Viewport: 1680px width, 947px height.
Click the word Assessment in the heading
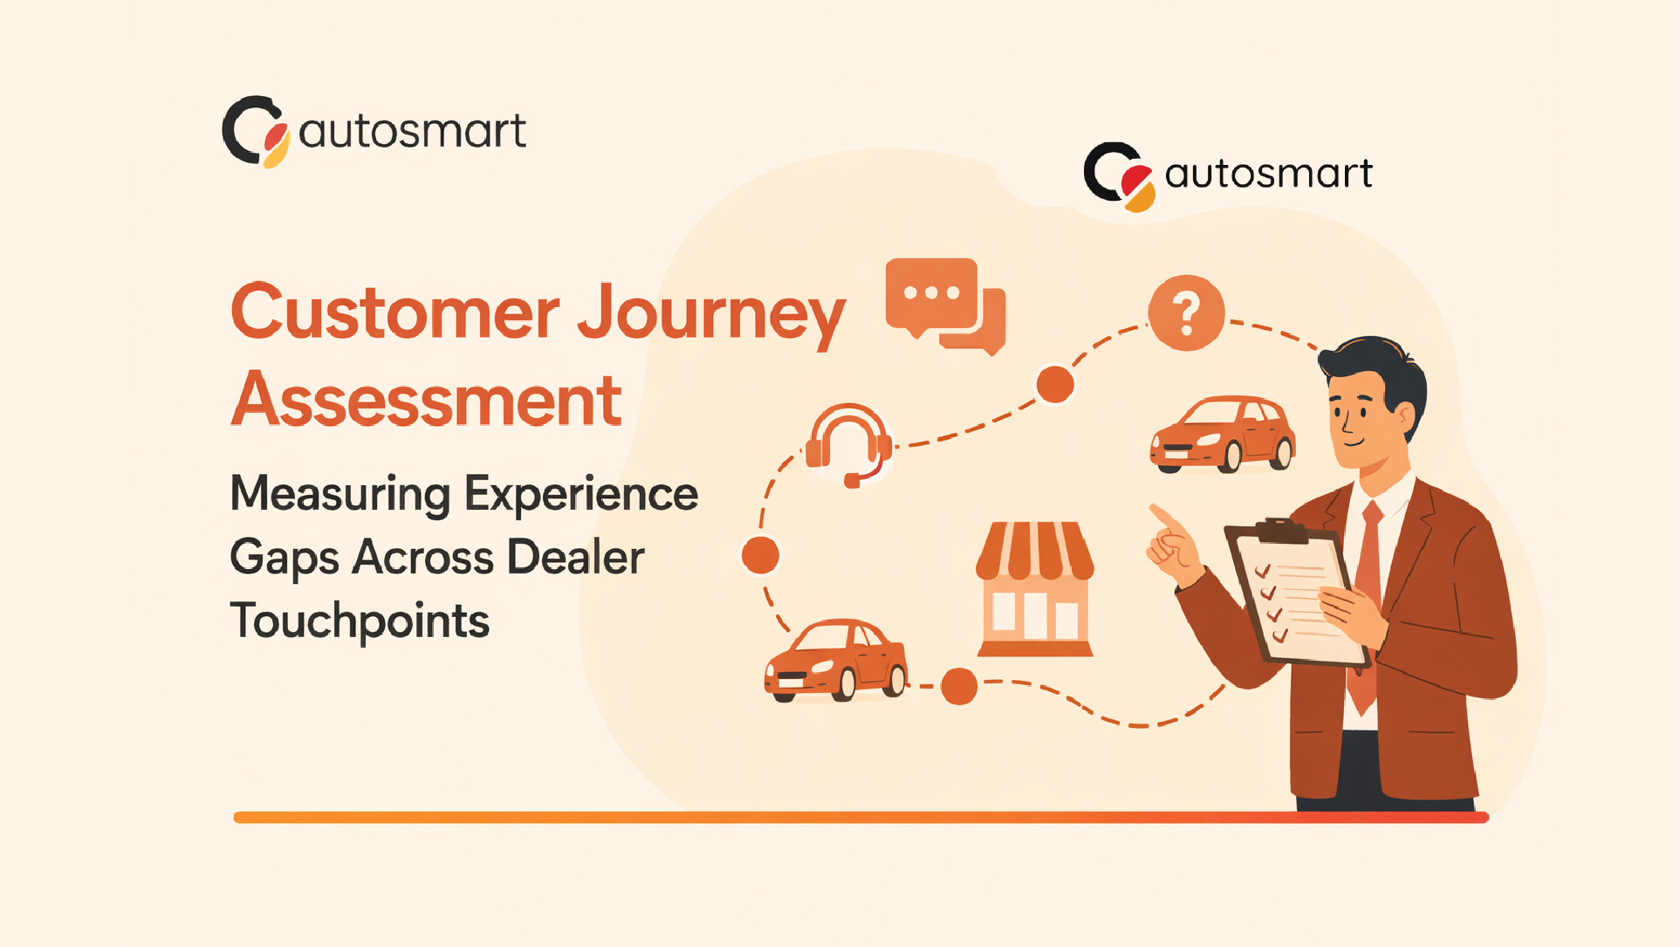[427, 400]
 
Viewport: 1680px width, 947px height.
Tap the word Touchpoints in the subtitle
[360, 621]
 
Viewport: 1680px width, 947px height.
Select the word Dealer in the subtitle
[575, 557]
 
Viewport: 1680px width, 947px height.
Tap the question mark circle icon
[1186, 312]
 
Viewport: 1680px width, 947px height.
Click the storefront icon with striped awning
[1035, 588]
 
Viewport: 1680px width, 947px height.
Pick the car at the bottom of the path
[836, 661]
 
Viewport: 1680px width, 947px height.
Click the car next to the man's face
[1223, 434]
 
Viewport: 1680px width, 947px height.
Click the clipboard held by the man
[1292, 594]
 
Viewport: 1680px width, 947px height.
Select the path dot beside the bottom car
[959, 686]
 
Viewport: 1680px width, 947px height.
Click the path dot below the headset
[760, 555]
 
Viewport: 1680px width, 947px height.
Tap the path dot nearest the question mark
[1054, 385]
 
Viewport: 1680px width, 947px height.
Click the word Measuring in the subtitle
[340, 494]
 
